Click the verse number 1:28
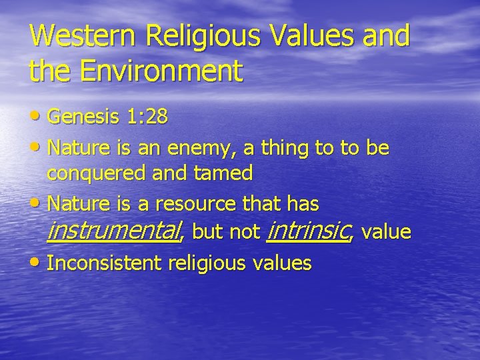point(147,118)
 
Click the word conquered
point(98,174)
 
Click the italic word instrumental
point(115,231)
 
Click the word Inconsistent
point(104,263)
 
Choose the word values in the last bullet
point(283,263)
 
